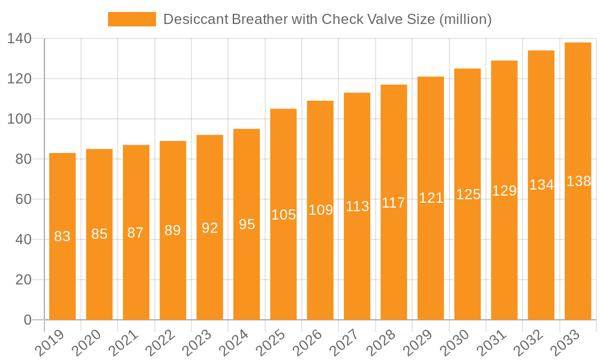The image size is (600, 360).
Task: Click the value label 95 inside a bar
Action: [x=247, y=224]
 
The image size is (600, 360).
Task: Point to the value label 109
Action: [x=320, y=210]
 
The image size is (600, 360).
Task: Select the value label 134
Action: [x=541, y=185]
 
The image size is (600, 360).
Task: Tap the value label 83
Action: [x=62, y=236]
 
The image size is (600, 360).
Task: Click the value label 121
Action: [x=431, y=198]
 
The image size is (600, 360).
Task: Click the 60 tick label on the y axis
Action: [x=23, y=199]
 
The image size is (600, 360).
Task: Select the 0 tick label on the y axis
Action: [x=28, y=320]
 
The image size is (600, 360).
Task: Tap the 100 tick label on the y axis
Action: [x=19, y=119]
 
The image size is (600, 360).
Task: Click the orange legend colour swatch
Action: [x=131, y=19]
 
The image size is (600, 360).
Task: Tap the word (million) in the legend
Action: [x=466, y=19]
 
